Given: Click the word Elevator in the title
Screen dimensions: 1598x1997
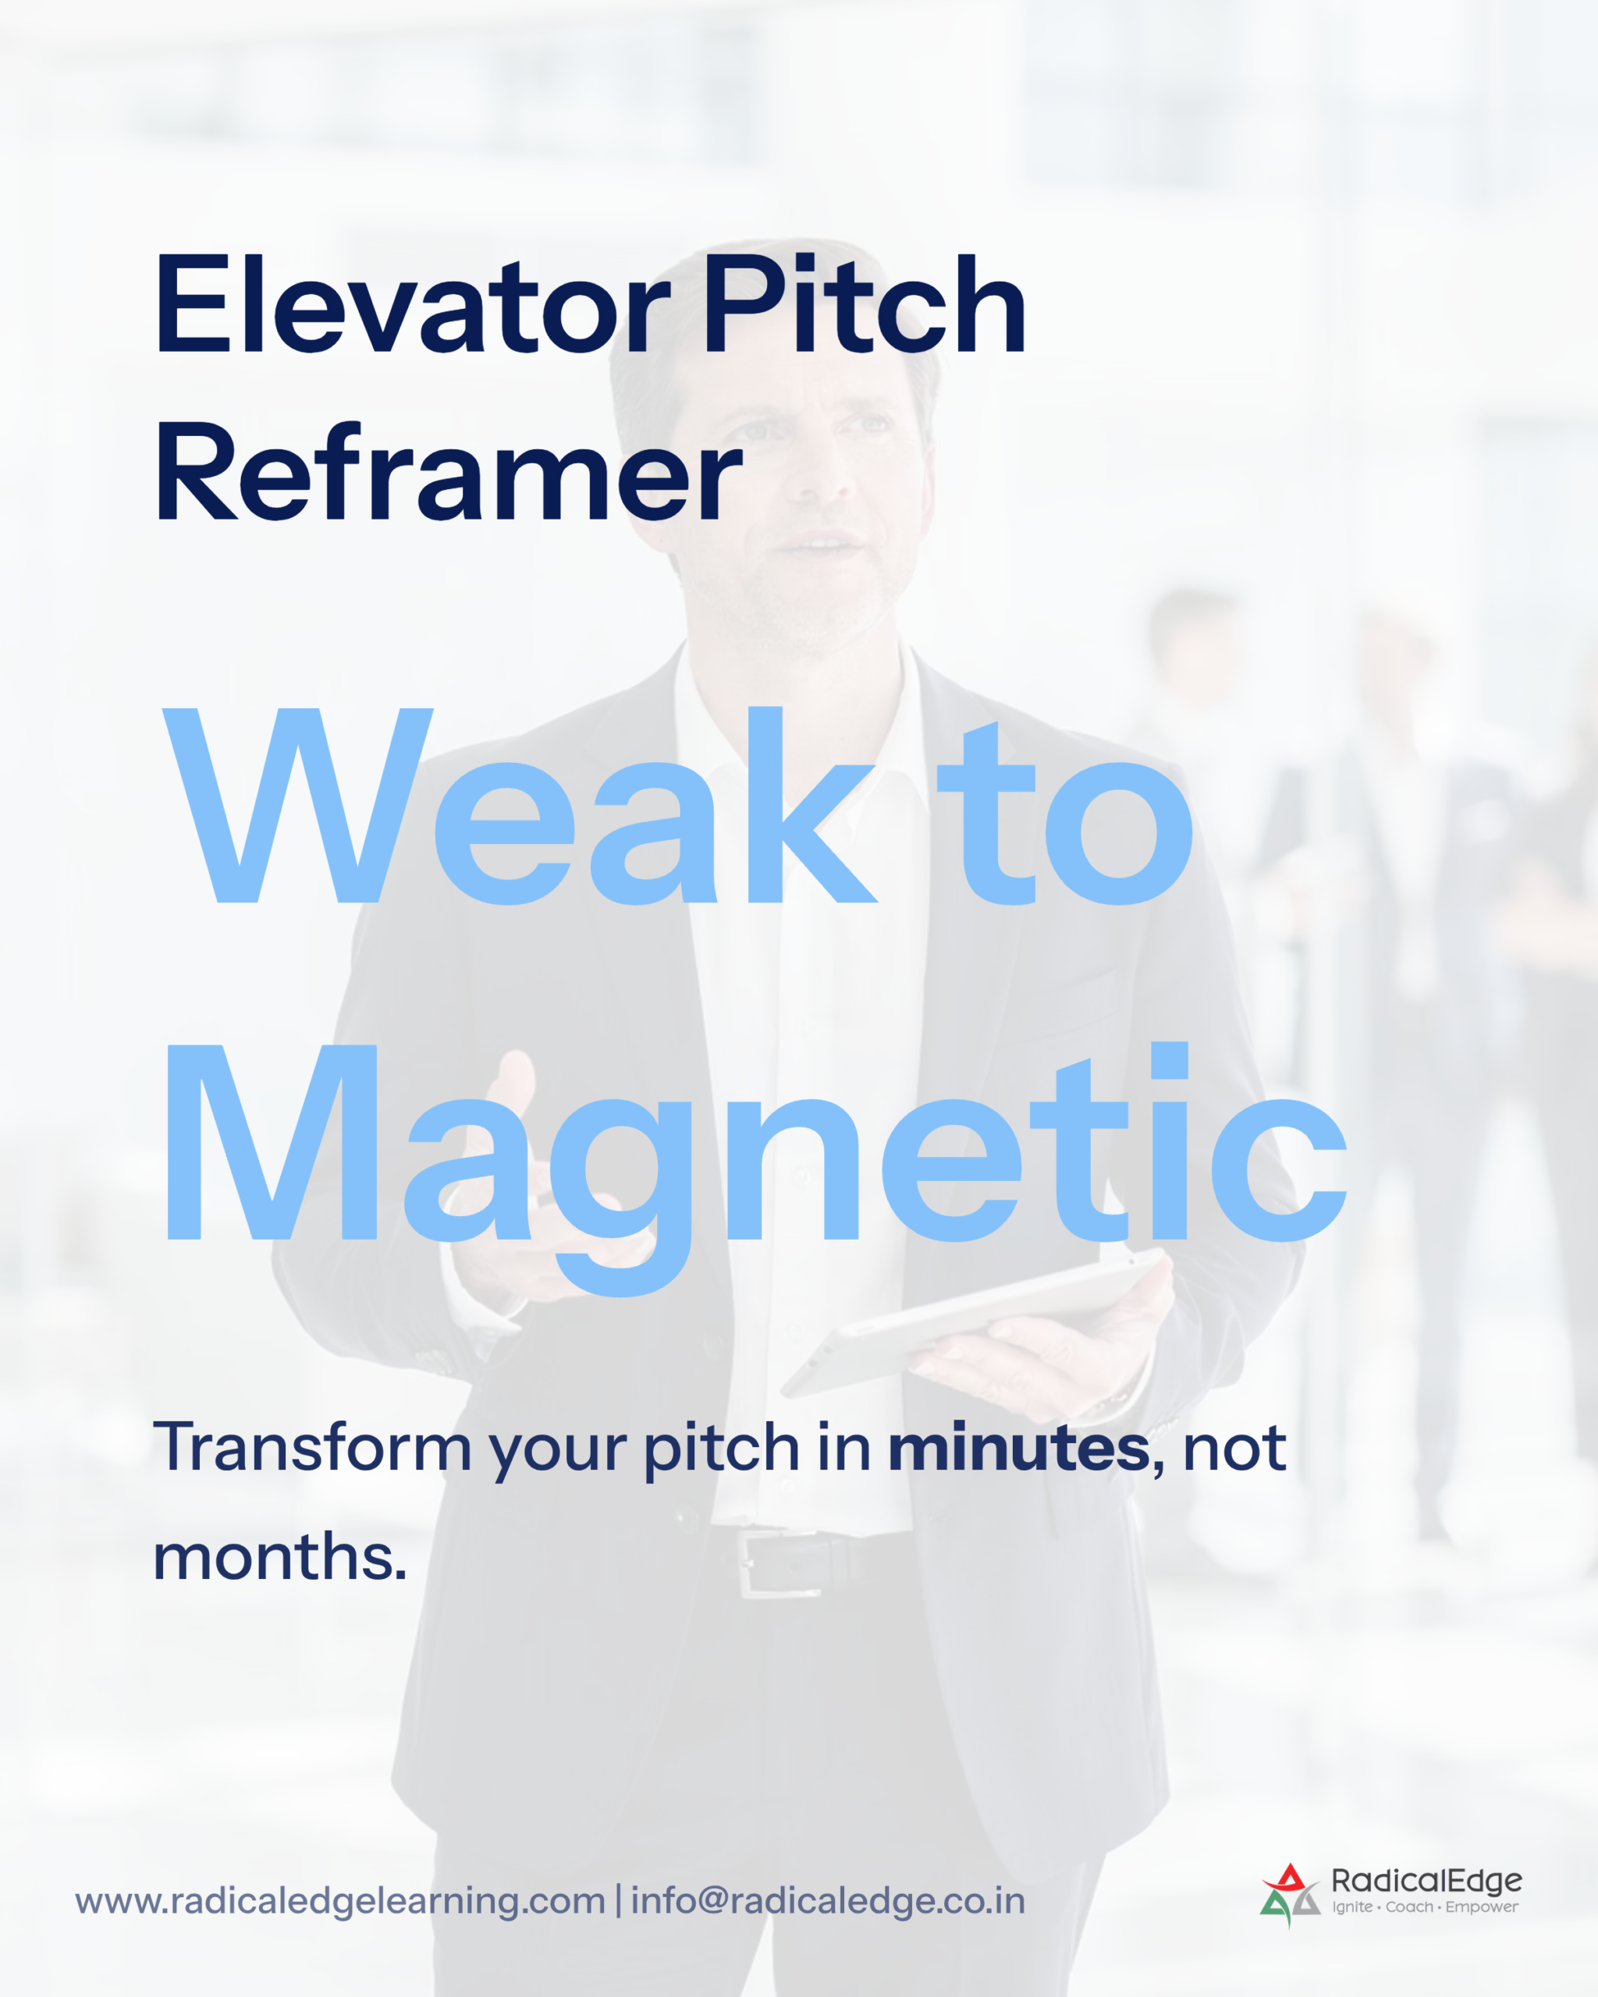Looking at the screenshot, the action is pyautogui.click(x=411, y=305).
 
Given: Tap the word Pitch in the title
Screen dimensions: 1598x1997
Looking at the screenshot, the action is pyautogui.click(x=865, y=305).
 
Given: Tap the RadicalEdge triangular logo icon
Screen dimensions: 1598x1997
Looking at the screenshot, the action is pyautogui.click(x=1290, y=1895).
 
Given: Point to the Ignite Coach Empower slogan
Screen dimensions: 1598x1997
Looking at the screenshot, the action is pyautogui.click(x=1425, y=1907).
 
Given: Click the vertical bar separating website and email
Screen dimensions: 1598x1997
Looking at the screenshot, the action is pyautogui.click(x=618, y=1902).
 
